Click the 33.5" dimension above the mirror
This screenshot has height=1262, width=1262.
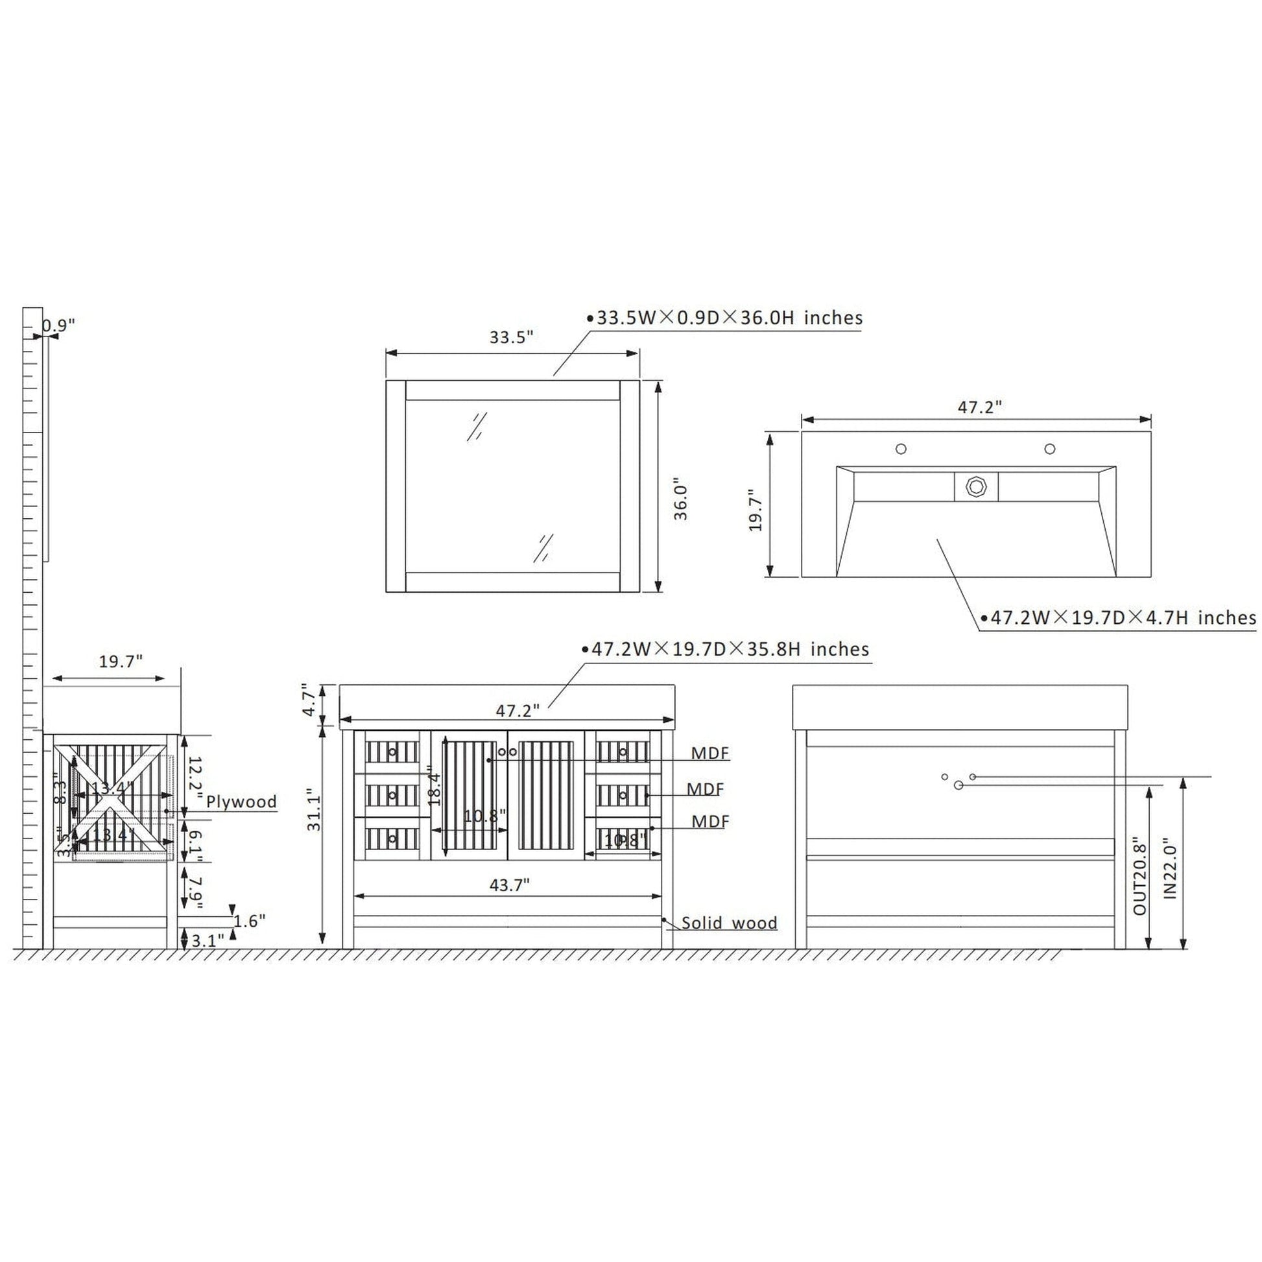coord(512,337)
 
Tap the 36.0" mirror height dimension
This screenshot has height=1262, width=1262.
coord(682,502)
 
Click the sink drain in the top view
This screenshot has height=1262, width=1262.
coord(976,486)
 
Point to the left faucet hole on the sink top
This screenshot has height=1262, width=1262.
coord(901,449)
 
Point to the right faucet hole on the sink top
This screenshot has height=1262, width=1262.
coord(1050,449)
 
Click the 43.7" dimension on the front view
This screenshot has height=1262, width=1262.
coord(510,885)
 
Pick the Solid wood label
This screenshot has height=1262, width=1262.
coord(729,923)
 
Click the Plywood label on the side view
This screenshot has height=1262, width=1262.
coord(242,802)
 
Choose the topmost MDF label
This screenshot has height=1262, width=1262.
coord(710,753)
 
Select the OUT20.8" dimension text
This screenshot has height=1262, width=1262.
coord(1140,876)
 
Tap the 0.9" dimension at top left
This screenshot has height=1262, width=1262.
coord(60,325)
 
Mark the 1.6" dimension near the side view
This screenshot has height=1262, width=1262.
coord(250,921)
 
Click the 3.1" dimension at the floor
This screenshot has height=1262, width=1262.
coord(208,940)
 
